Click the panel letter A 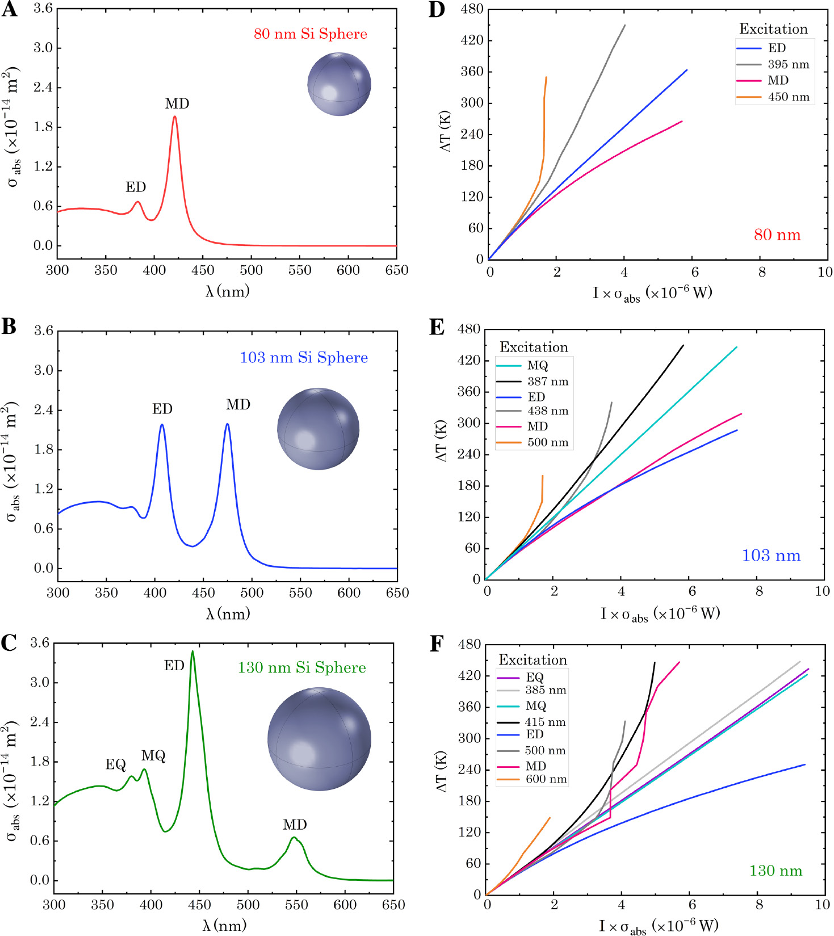point(10,10)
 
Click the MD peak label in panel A point(177,104)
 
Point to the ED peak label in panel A point(136,187)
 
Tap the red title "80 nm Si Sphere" point(311,34)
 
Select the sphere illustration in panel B point(318,429)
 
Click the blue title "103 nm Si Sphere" point(304,358)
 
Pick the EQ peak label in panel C point(116,764)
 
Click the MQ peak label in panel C point(153,755)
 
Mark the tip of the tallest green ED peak point(192,651)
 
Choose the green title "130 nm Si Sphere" point(301,667)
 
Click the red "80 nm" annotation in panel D point(777,235)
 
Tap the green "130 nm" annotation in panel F point(776,871)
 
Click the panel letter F point(436,643)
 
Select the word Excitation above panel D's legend point(773,29)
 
